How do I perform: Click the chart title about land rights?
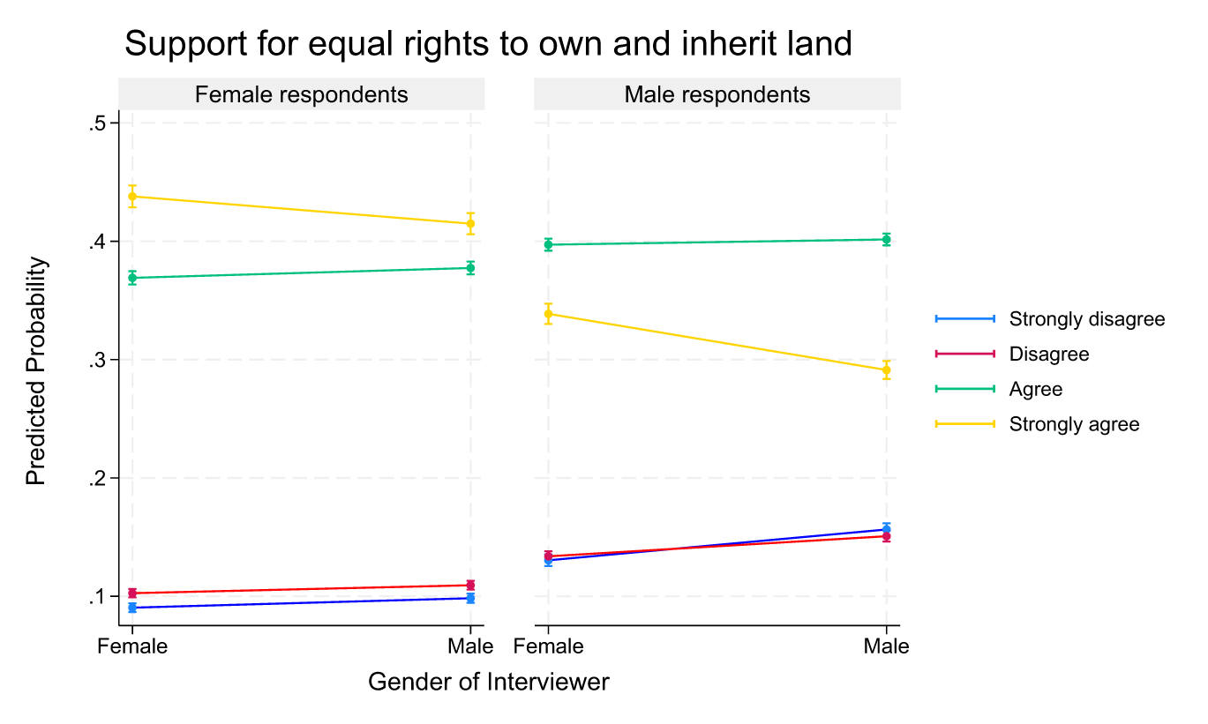488,43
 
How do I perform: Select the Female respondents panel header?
301,94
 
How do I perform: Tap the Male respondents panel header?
717,94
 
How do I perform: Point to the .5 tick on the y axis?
97,123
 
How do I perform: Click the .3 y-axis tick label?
97,360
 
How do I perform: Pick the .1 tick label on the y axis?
97,597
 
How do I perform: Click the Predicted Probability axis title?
35,371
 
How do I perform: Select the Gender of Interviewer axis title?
488,682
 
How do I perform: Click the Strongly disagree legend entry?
1086,318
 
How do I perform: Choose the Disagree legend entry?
1048,354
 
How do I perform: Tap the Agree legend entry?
1035,389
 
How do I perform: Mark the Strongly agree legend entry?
1074,424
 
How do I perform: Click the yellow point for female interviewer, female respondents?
132,197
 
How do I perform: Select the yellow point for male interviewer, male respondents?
886,370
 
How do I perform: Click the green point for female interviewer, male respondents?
548,244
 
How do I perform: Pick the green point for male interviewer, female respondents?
470,267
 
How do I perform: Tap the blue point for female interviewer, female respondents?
132,608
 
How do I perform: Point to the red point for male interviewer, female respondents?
470,585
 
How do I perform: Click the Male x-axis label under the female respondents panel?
469,646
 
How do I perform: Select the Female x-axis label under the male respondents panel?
548,646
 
